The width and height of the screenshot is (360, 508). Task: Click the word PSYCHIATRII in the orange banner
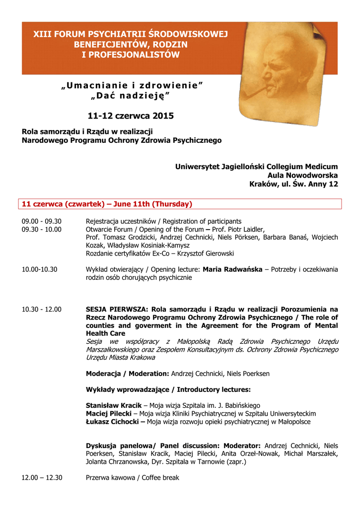tap(112, 34)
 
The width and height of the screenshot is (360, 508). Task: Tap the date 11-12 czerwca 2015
tap(131, 116)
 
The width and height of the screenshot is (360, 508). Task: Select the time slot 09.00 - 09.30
tap(42, 221)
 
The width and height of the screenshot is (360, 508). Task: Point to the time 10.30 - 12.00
tap(42, 310)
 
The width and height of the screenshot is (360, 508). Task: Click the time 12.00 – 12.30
tap(42, 478)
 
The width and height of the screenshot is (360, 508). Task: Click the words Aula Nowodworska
tap(302, 175)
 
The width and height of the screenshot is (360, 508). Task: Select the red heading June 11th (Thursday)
tap(152, 204)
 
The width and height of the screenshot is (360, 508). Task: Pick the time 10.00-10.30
tap(40, 269)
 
